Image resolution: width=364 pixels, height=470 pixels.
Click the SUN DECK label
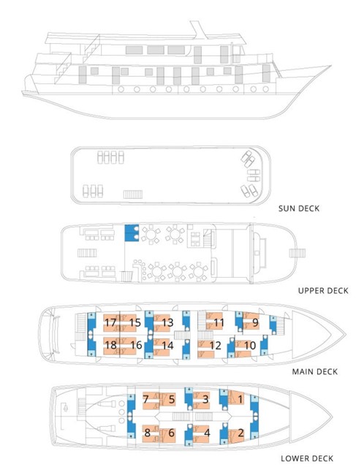pyautogui.click(x=299, y=208)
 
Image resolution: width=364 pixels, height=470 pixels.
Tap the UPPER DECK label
pyautogui.click(x=323, y=290)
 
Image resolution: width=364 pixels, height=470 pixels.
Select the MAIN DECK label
pyautogui.click(x=315, y=371)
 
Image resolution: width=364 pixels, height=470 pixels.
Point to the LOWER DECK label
pyautogui.click(x=307, y=458)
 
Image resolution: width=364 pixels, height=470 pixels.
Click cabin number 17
pyautogui.click(x=110, y=322)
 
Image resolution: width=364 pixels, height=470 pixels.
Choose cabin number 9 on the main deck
pyautogui.click(x=255, y=322)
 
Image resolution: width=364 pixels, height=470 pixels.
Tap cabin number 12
pyautogui.click(x=215, y=346)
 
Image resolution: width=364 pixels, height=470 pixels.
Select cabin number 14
pyautogui.click(x=167, y=346)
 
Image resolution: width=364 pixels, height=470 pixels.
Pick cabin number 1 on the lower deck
pyautogui.click(x=240, y=399)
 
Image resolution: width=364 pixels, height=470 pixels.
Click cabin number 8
pyautogui.click(x=147, y=433)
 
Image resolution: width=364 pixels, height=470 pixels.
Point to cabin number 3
pyautogui.click(x=205, y=399)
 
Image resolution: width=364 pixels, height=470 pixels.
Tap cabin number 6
pyautogui.click(x=171, y=433)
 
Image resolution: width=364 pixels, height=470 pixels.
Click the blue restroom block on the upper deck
pyautogui.click(x=132, y=233)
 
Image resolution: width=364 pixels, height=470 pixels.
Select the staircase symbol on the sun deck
pyautogui.click(x=133, y=194)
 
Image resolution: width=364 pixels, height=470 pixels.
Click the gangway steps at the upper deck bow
pyautogui.click(x=297, y=254)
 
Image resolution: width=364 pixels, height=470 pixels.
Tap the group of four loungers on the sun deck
pyautogui.click(x=110, y=157)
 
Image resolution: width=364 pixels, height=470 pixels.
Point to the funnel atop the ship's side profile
pyautogui.click(x=199, y=30)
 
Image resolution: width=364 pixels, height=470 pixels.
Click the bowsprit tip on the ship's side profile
pyautogui.click(x=331, y=66)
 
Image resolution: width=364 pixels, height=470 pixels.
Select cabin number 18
pyautogui.click(x=110, y=345)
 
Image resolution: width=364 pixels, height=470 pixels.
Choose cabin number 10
pyautogui.click(x=249, y=346)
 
